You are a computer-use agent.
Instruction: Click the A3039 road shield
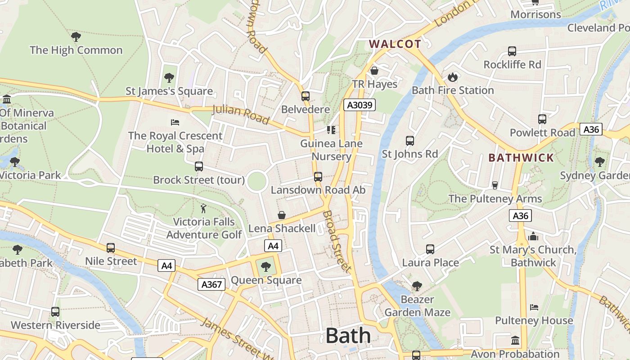(x=359, y=105)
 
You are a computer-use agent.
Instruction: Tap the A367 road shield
(x=211, y=284)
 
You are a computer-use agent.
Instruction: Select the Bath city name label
(x=348, y=336)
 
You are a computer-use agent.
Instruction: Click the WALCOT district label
(x=395, y=44)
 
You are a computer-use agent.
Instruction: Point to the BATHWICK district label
(x=521, y=158)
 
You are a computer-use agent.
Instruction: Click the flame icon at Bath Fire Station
(x=453, y=77)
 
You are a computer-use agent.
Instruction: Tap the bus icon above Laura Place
(x=430, y=249)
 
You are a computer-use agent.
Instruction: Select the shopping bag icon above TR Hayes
(x=374, y=71)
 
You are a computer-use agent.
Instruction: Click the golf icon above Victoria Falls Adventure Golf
(x=203, y=208)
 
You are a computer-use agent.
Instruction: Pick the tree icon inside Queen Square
(x=266, y=267)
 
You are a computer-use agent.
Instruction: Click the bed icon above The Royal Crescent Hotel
(x=175, y=122)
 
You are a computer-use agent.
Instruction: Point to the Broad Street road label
(x=337, y=241)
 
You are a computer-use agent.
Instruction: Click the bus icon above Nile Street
(x=111, y=248)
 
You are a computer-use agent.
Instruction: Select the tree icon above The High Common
(x=76, y=36)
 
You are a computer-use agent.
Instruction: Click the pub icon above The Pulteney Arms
(x=495, y=185)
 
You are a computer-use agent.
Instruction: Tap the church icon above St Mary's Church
(x=533, y=236)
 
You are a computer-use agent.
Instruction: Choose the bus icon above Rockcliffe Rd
(x=512, y=51)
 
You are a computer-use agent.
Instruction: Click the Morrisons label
(x=535, y=14)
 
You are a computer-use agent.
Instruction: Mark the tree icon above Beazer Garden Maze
(x=417, y=286)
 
